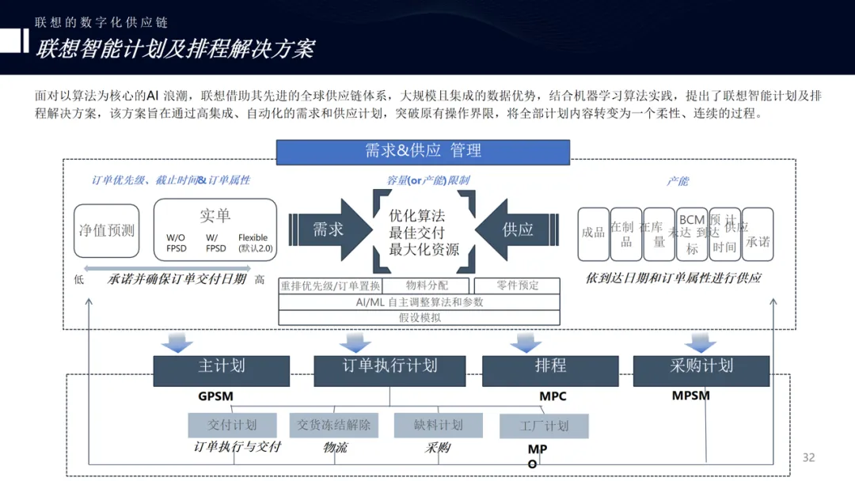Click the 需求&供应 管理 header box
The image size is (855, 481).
click(x=423, y=151)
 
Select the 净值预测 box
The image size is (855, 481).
click(x=107, y=230)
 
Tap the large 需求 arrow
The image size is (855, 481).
click(x=327, y=229)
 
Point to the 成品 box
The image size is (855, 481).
click(x=593, y=233)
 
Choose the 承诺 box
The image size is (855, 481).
click(x=758, y=234)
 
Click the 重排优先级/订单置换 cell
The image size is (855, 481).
click(x=330, y=286)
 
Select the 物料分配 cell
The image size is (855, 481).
click(x=427, y=286)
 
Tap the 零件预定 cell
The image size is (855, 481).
click(x=518, y=286)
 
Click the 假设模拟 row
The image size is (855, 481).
click(x=420, y=317)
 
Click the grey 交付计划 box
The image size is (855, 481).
click(x=233, y=425)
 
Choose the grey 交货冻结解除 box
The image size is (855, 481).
click(x=334, y=425)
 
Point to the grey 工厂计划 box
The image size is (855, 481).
click(x=544, y=426)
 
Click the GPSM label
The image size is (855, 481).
click(x=215, y=396)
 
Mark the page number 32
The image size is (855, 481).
click(x=808, y=457)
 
